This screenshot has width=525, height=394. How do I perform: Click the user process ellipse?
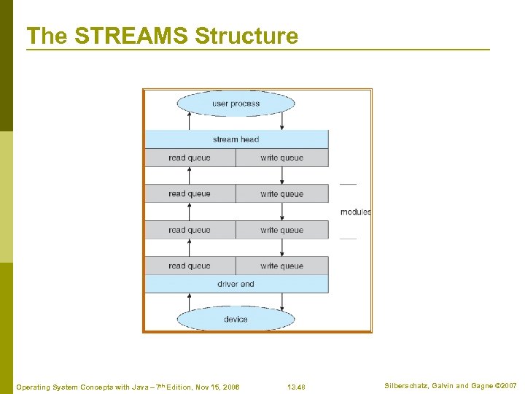236,104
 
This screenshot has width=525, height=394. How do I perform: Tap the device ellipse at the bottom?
236,319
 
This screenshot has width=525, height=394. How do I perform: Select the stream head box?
236,139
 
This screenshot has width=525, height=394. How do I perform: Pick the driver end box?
236,284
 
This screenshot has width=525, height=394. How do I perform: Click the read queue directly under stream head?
190,158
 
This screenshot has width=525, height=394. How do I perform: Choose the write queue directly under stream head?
281,158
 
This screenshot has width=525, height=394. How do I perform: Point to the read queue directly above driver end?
190,266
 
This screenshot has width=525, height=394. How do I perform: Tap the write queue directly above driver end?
281,266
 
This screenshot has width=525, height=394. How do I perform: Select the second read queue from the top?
190,193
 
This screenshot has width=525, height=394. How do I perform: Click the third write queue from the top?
281,230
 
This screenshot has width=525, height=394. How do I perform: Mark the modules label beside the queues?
356,212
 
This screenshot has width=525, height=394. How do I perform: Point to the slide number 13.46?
296,387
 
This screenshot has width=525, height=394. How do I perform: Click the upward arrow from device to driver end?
190,299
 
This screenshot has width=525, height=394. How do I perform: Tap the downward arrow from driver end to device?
282,299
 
